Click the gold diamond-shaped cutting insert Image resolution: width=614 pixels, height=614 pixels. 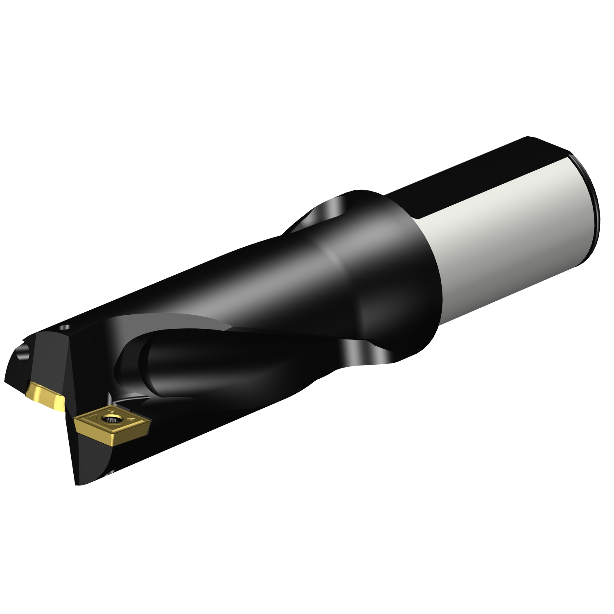113,426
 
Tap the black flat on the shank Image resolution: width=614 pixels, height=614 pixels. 471,172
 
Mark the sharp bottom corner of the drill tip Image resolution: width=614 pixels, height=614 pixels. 78,485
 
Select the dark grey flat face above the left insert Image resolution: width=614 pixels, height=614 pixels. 51,360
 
